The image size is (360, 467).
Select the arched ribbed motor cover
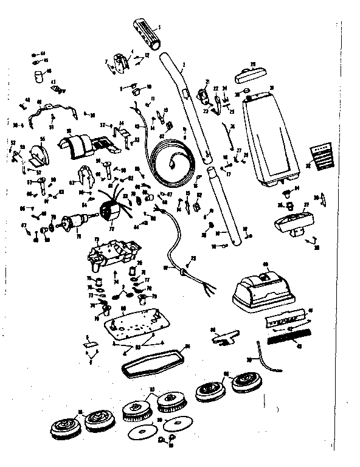[80, 144]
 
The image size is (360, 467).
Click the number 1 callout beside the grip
[159, 27]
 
